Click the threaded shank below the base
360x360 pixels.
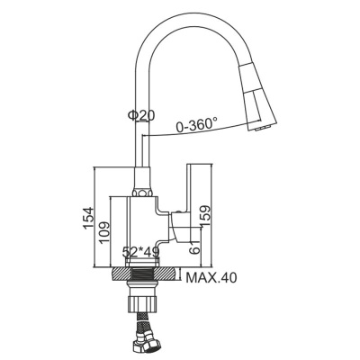[143, 277]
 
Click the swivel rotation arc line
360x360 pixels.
[180, 133]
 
